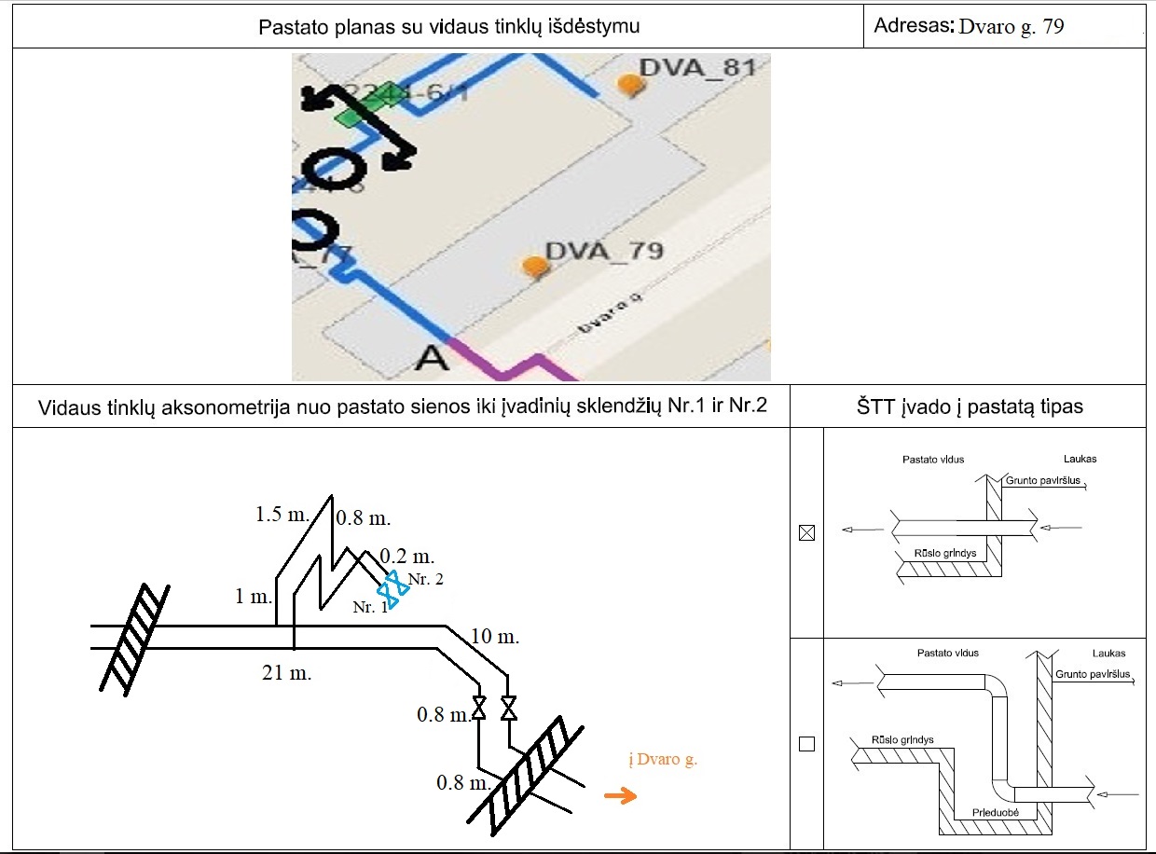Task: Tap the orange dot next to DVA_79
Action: click(x=534, y=267)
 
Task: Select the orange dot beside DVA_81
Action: click(x=632, y=84)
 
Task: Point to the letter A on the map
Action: click(x=434, y=357)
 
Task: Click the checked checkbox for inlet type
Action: click(x=807, y=533)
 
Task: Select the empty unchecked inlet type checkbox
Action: click(x=807, y=744)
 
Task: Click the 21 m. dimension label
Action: click(x=287, y=672)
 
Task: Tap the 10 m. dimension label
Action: click(x=494, y=638)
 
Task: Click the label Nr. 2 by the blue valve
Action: click(x=426, y=580)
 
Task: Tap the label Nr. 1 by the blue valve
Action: click(x=369, y=607)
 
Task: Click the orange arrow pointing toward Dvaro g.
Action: click(x=620, y=795)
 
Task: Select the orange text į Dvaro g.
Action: click(x=664, y=760)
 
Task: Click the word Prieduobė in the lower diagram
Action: click(x=997, y=811)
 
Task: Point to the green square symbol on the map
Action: click(x=349, y=117)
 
